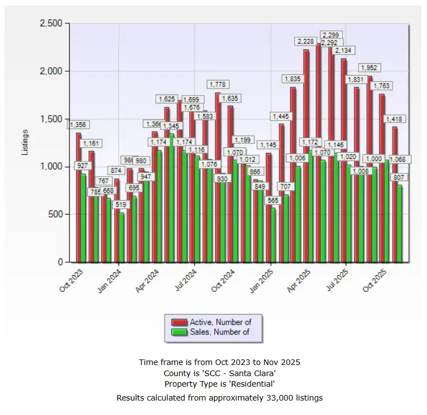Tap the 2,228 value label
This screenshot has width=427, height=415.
coord(306,41)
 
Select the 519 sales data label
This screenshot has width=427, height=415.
coord(121,204)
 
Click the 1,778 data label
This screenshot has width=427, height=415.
coord(217,84)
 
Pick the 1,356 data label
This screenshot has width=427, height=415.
coord(78,124)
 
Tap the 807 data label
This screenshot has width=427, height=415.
coord(399,177)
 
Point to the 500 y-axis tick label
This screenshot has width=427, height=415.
coord(57,214)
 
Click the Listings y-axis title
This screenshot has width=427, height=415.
coord(25,142)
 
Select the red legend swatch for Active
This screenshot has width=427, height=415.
coord(179,322)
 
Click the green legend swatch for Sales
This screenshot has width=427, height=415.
coord(179,332)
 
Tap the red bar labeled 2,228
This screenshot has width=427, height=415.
coord(306,156)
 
